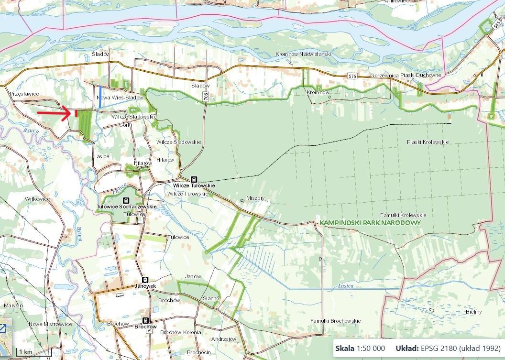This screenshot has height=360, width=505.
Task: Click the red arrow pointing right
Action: click(56, 113)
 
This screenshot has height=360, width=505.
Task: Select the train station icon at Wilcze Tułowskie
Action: click(194, 179)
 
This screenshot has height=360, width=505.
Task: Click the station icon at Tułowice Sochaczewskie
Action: click(126, 200)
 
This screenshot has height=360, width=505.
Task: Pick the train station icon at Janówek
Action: click(144, 280)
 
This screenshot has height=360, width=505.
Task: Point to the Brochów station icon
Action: click(145, 320)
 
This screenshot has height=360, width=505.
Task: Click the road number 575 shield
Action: click(352, 76)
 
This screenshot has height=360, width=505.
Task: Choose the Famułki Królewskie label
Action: click(403, 215)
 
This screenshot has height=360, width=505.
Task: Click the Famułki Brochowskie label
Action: click(335, 320)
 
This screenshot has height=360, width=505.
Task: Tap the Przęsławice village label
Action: click(23, 94)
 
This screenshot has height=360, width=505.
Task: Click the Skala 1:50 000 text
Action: click(360, 348)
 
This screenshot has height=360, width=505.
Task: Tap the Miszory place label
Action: click(255, 198)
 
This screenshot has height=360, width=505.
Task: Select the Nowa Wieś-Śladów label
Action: click(120, 98)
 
